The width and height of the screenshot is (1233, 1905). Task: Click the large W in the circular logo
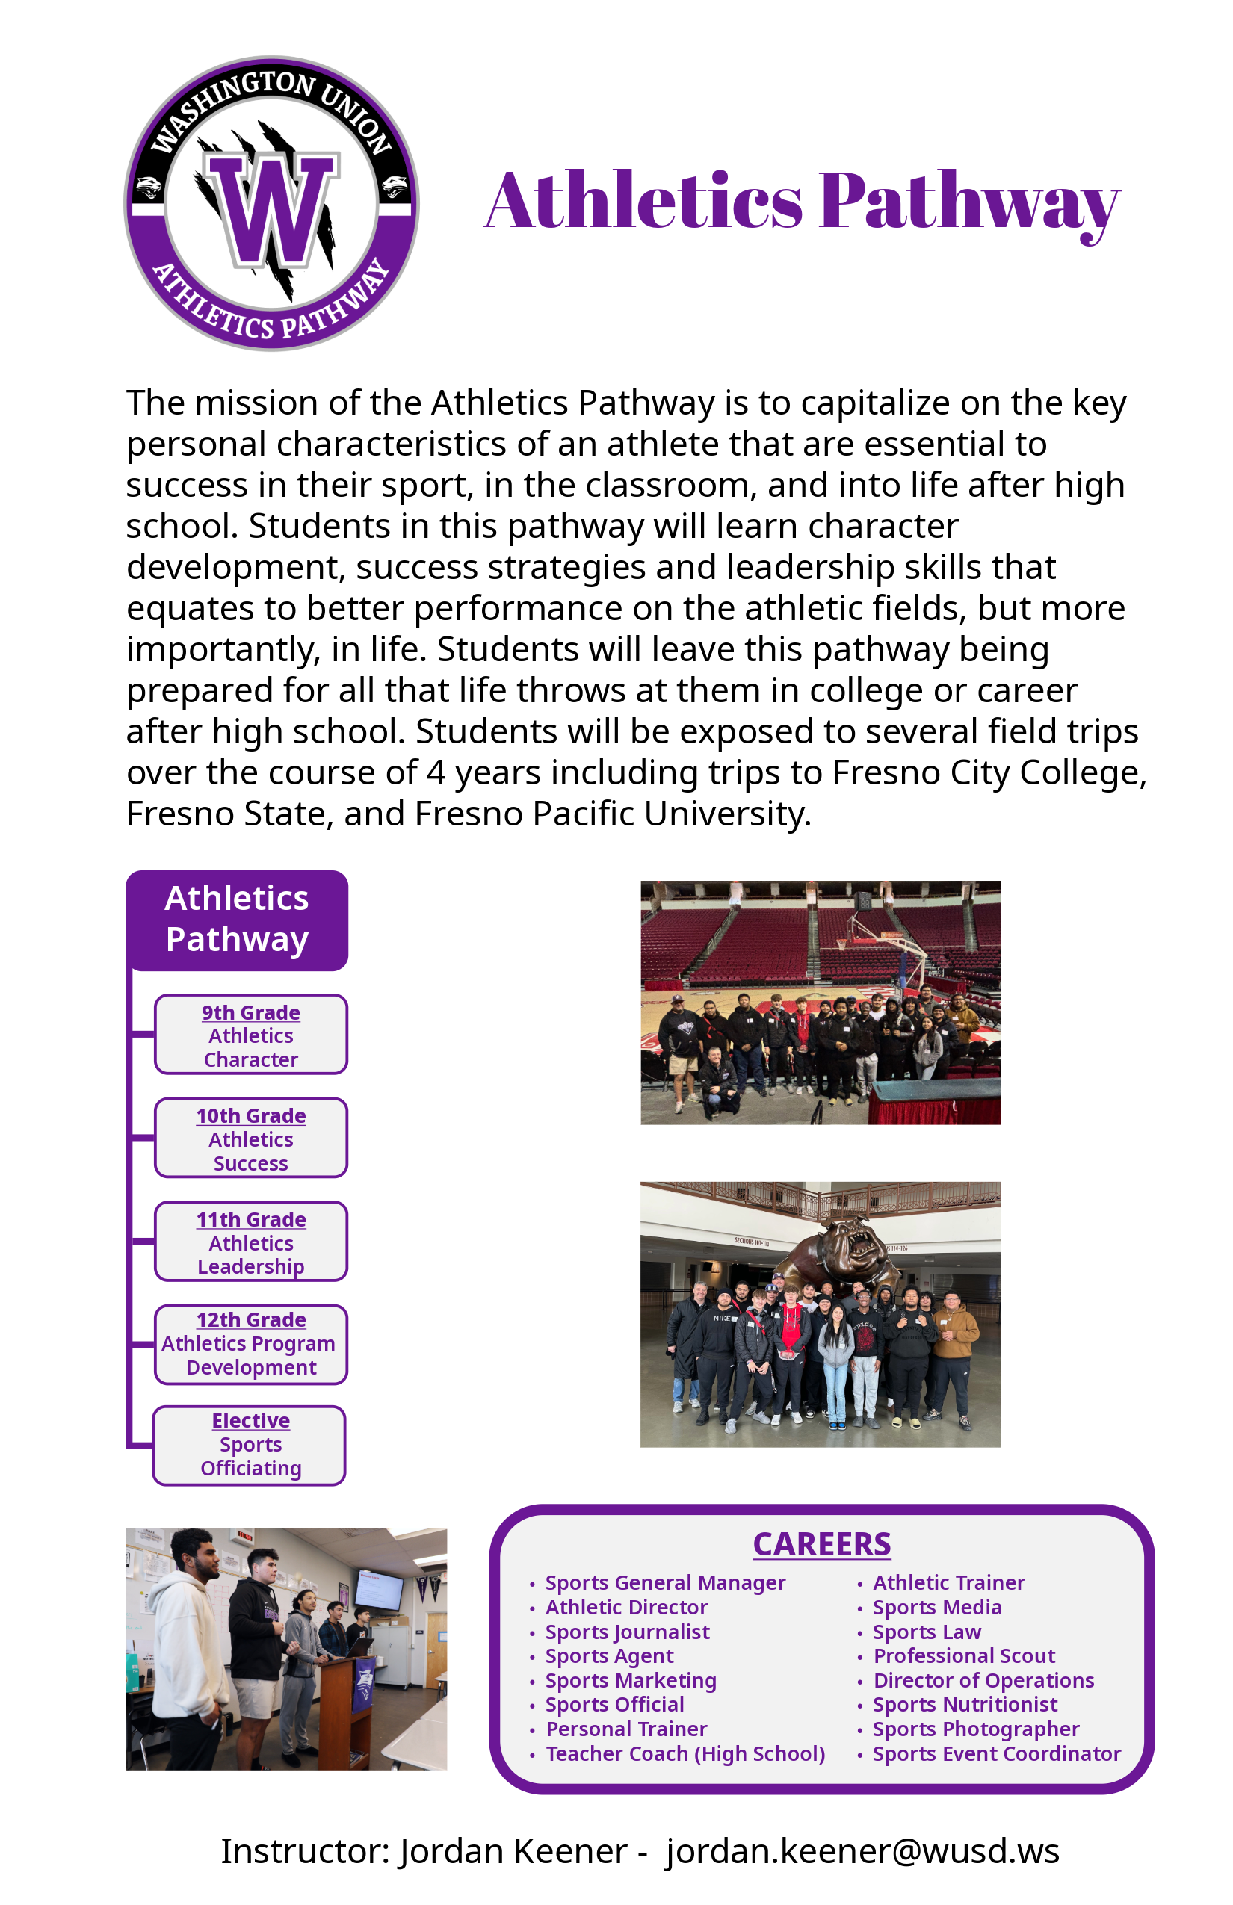271,210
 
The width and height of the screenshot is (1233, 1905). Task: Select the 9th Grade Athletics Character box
250,1034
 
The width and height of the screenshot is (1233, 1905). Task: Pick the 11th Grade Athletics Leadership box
250,1242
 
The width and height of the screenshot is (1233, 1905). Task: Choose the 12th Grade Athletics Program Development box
250,1344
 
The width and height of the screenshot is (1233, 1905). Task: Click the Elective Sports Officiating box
250,1445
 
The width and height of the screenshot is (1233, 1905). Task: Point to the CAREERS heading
821,1544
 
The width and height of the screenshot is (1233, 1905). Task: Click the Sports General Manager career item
664,1582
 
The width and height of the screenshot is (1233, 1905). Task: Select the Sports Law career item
927,1632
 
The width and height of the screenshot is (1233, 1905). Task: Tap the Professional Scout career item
964,1656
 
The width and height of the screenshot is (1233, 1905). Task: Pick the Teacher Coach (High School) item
685,1754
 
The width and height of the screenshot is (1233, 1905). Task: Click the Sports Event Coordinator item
996,1754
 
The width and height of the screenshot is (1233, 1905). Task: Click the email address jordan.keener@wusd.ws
862,1851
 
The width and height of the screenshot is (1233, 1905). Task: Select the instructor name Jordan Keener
513,1851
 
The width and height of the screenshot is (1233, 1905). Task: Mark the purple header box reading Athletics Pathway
237,920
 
